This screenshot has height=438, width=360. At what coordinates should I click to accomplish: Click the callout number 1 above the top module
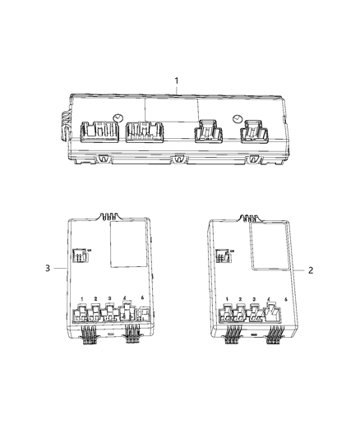pyautogui.click(x=175, y=80)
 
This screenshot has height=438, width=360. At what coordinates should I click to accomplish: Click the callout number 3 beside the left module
pyautogui.click(x=48, y=268)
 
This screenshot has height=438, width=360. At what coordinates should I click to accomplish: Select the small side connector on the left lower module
pyautogui.click(x=80, y=257)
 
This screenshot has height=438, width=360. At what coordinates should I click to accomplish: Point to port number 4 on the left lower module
pyautogui.click(x=123, y=299)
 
